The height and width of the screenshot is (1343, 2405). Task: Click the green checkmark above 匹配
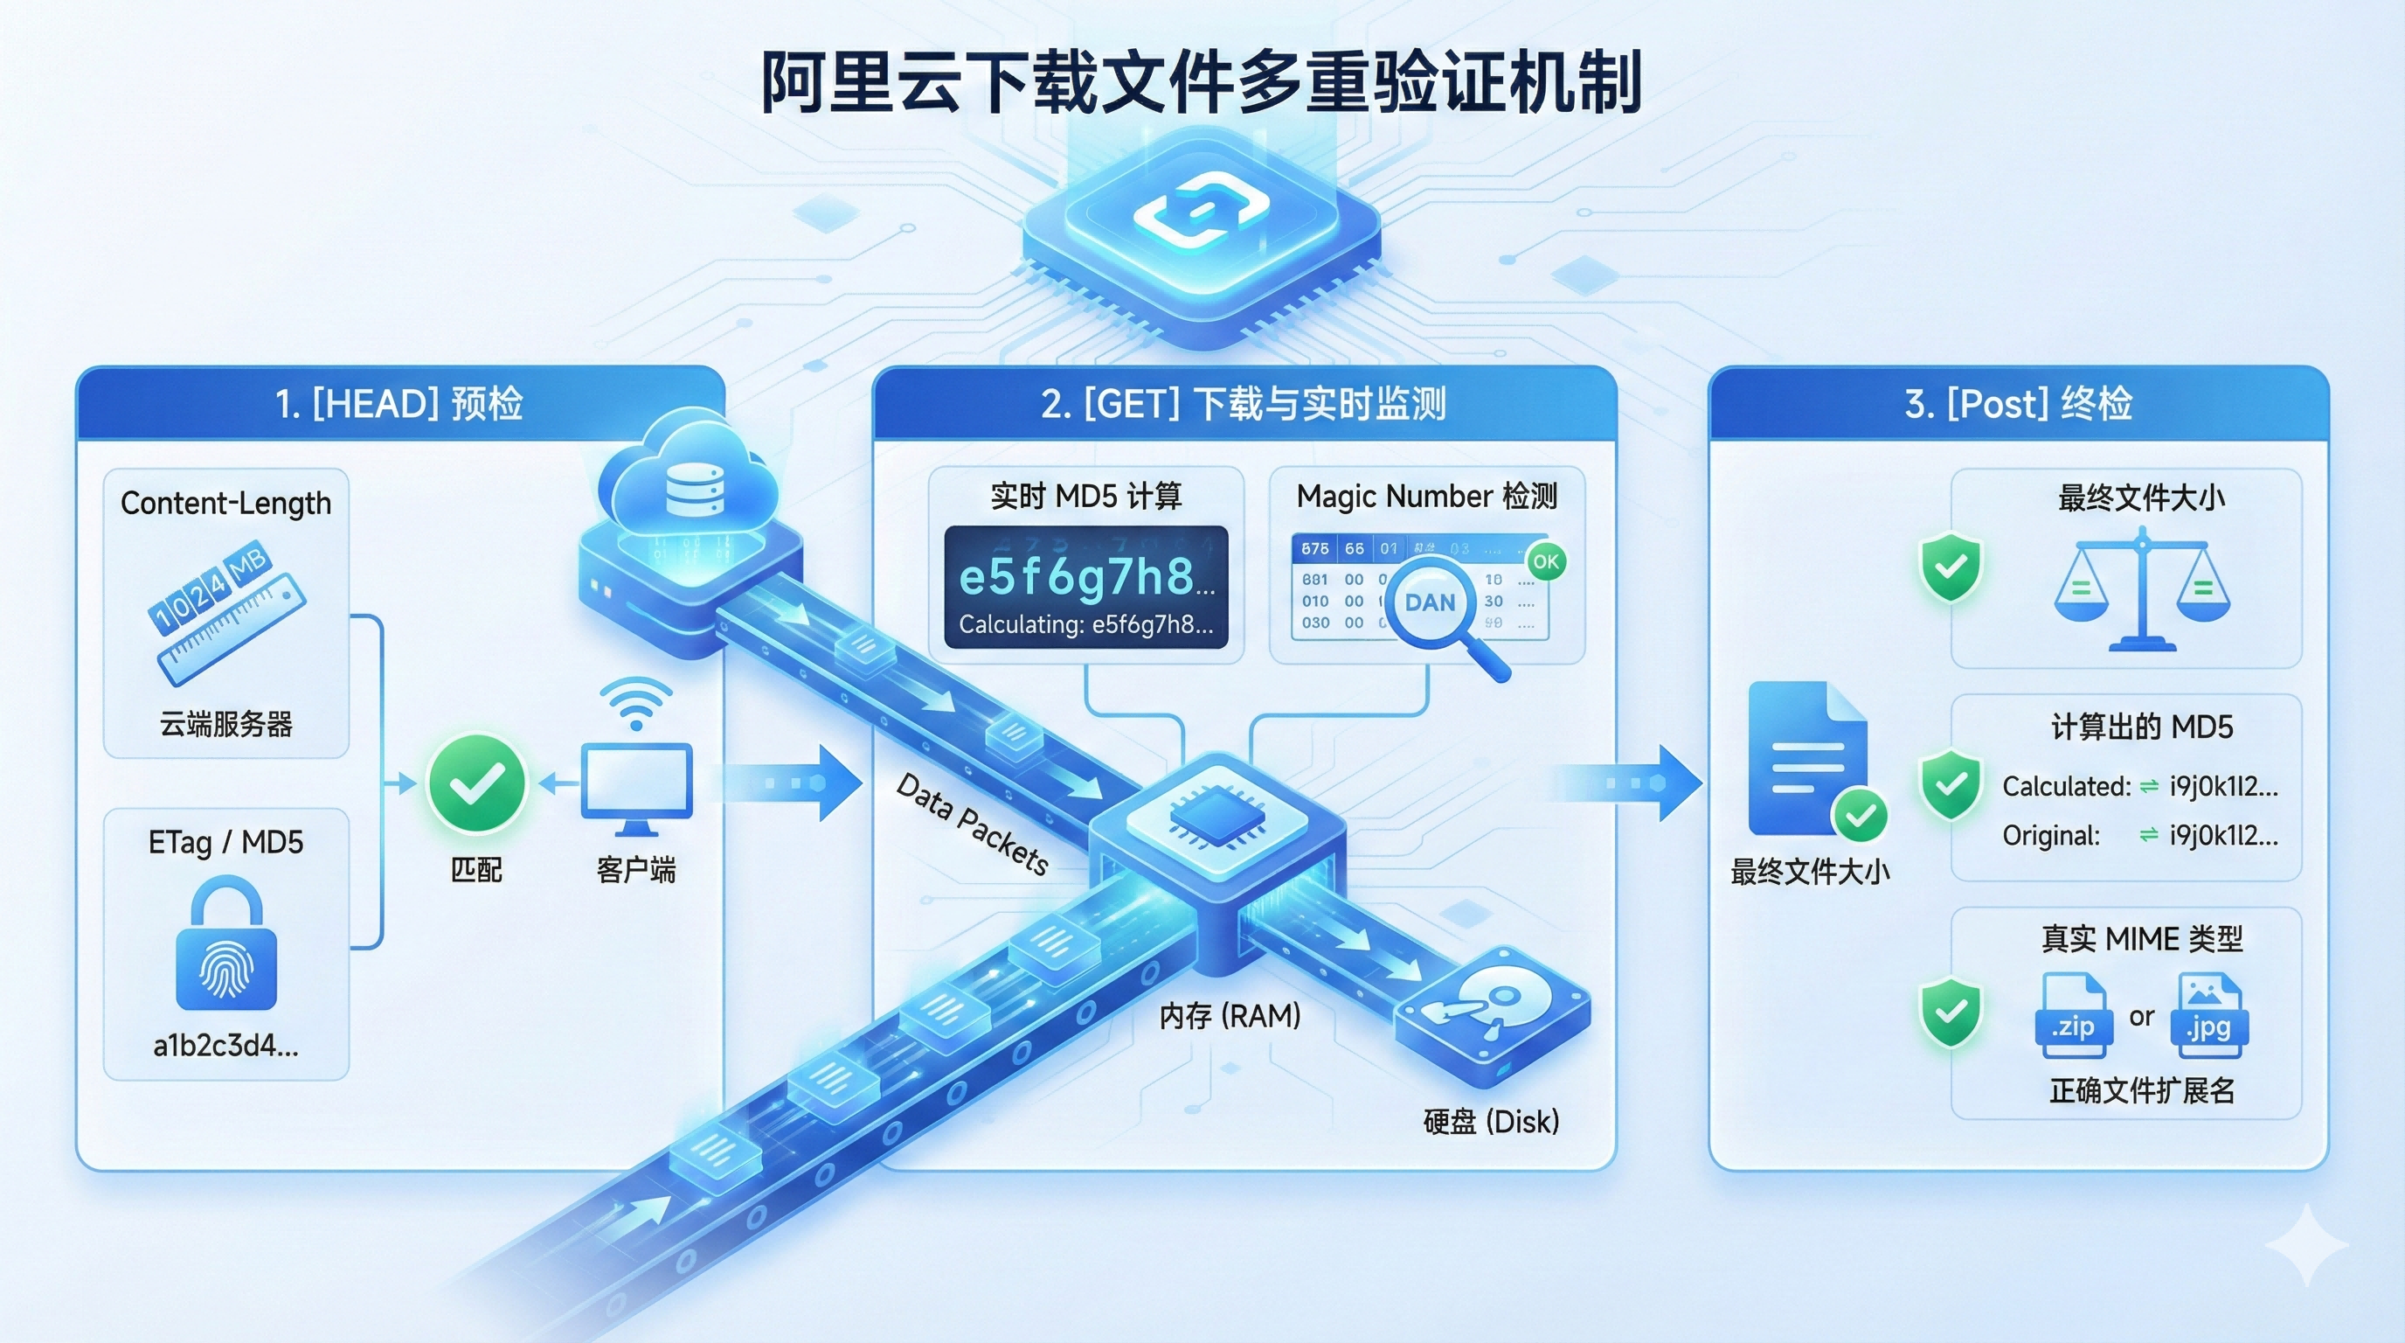(x=476, y=783)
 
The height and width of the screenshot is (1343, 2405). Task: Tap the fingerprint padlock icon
(x=226, y=945)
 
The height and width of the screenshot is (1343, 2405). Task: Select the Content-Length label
(x=226, y=504)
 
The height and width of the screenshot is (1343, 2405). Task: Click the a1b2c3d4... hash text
(x=226, y=1046)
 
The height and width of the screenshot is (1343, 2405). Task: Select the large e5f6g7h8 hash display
(x=1085, y=577)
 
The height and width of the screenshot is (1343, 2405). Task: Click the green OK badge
(x=1546, y=561)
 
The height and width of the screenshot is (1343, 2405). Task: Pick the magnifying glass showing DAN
(x=1433, y=605)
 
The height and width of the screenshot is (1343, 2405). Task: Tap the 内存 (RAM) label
(x=1230, y=1016)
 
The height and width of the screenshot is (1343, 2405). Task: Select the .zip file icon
(x=2074, y=1016)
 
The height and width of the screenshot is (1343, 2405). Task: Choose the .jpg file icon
(x=2211, y=1016)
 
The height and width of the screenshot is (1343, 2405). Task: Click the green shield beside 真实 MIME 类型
(x=1951, y=1012)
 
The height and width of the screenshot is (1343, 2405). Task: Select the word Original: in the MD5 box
(x=2051, y=836)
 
